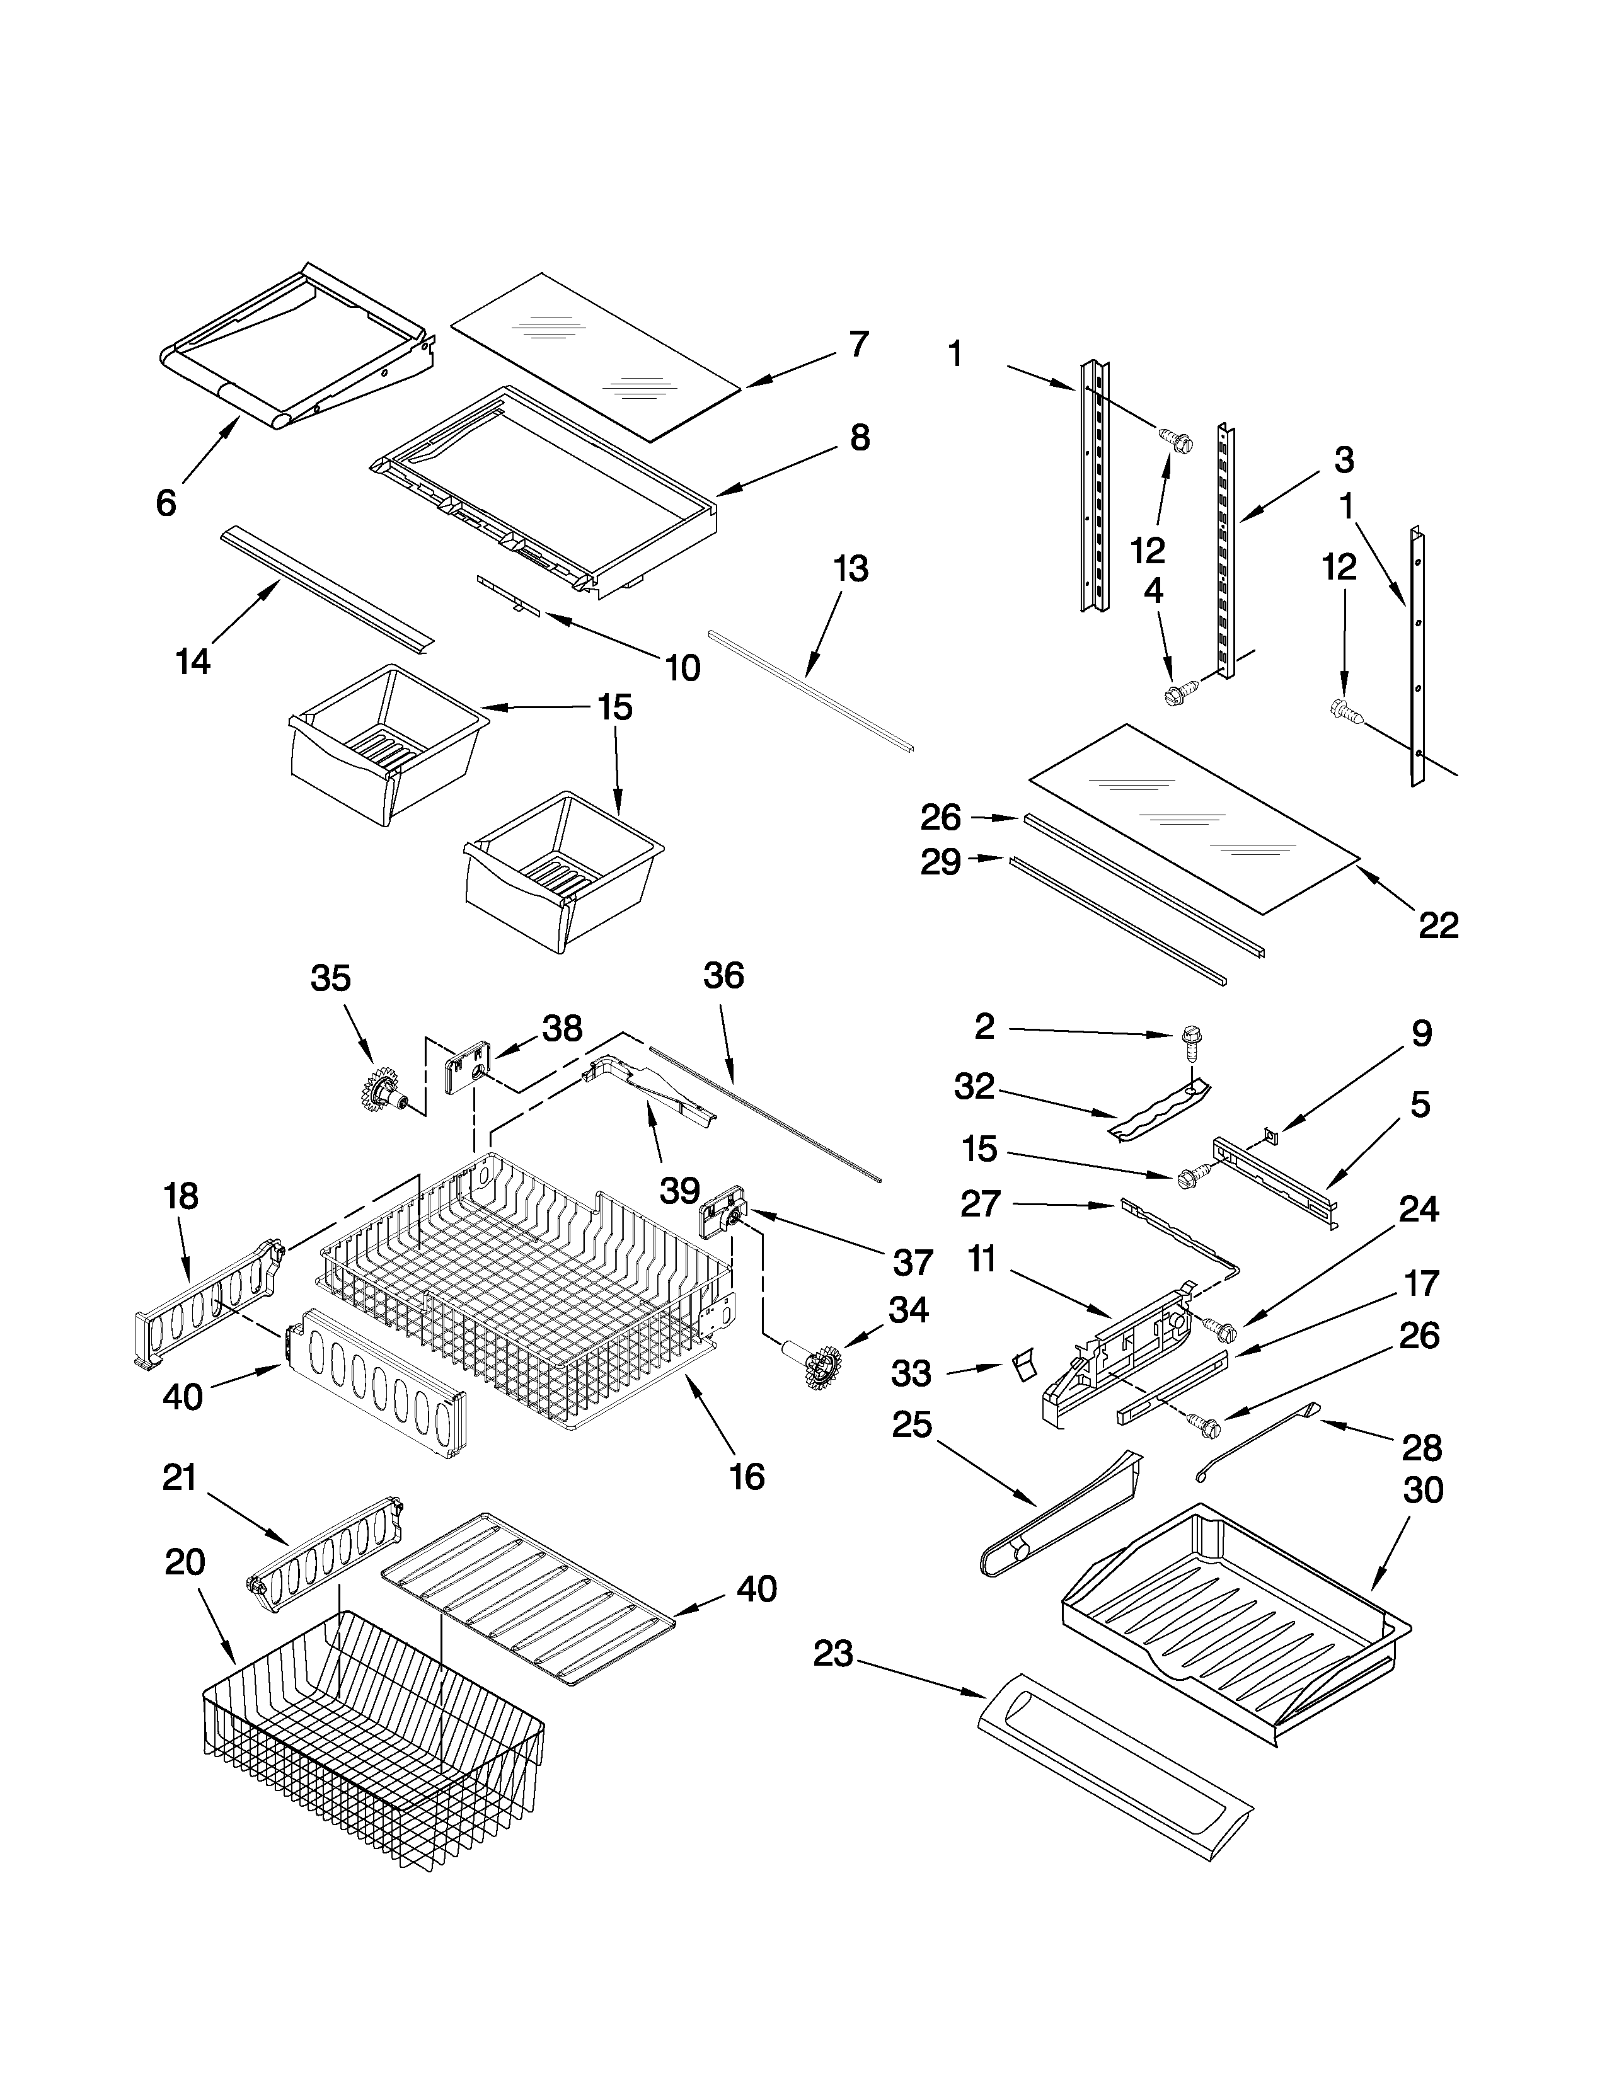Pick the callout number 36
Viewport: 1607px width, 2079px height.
(723, 976)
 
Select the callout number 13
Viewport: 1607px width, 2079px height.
(850, 570)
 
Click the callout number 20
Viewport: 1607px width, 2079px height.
(185, 1562)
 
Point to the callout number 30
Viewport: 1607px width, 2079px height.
(1422, 1490)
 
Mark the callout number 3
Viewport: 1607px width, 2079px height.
(1344, 461)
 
